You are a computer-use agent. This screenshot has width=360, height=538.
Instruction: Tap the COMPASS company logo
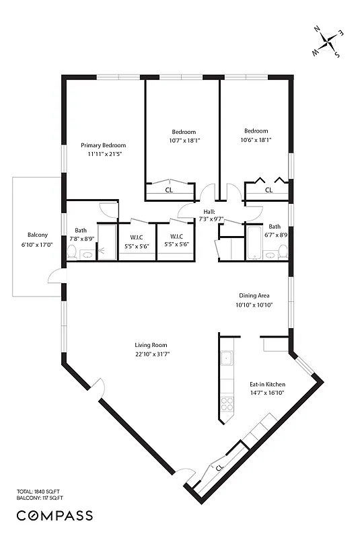pos(55,516)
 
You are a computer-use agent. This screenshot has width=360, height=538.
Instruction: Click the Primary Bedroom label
pos(103,145)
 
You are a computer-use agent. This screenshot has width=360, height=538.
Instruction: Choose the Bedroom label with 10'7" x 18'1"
pos(184,136)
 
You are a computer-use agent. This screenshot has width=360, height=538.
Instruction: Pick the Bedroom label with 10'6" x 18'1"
pos(256,136)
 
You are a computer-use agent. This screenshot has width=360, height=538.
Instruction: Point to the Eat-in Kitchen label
pos(266,385)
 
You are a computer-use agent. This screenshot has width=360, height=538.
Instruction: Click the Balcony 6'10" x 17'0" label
pos(38,239)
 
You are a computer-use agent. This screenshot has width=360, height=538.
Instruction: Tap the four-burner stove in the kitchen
pos(227,403)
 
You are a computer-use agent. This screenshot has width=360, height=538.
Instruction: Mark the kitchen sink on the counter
pos(227,358)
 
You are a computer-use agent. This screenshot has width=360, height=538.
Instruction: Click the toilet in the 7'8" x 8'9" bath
pos(71,252)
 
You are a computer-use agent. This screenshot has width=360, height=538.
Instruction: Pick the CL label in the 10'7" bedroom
pos(169,190)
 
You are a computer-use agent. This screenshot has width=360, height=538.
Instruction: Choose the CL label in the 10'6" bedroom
pos(268,190)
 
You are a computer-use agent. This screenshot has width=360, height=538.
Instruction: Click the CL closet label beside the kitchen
pos(219,467)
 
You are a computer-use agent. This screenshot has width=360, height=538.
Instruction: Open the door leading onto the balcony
pos(54,276)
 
